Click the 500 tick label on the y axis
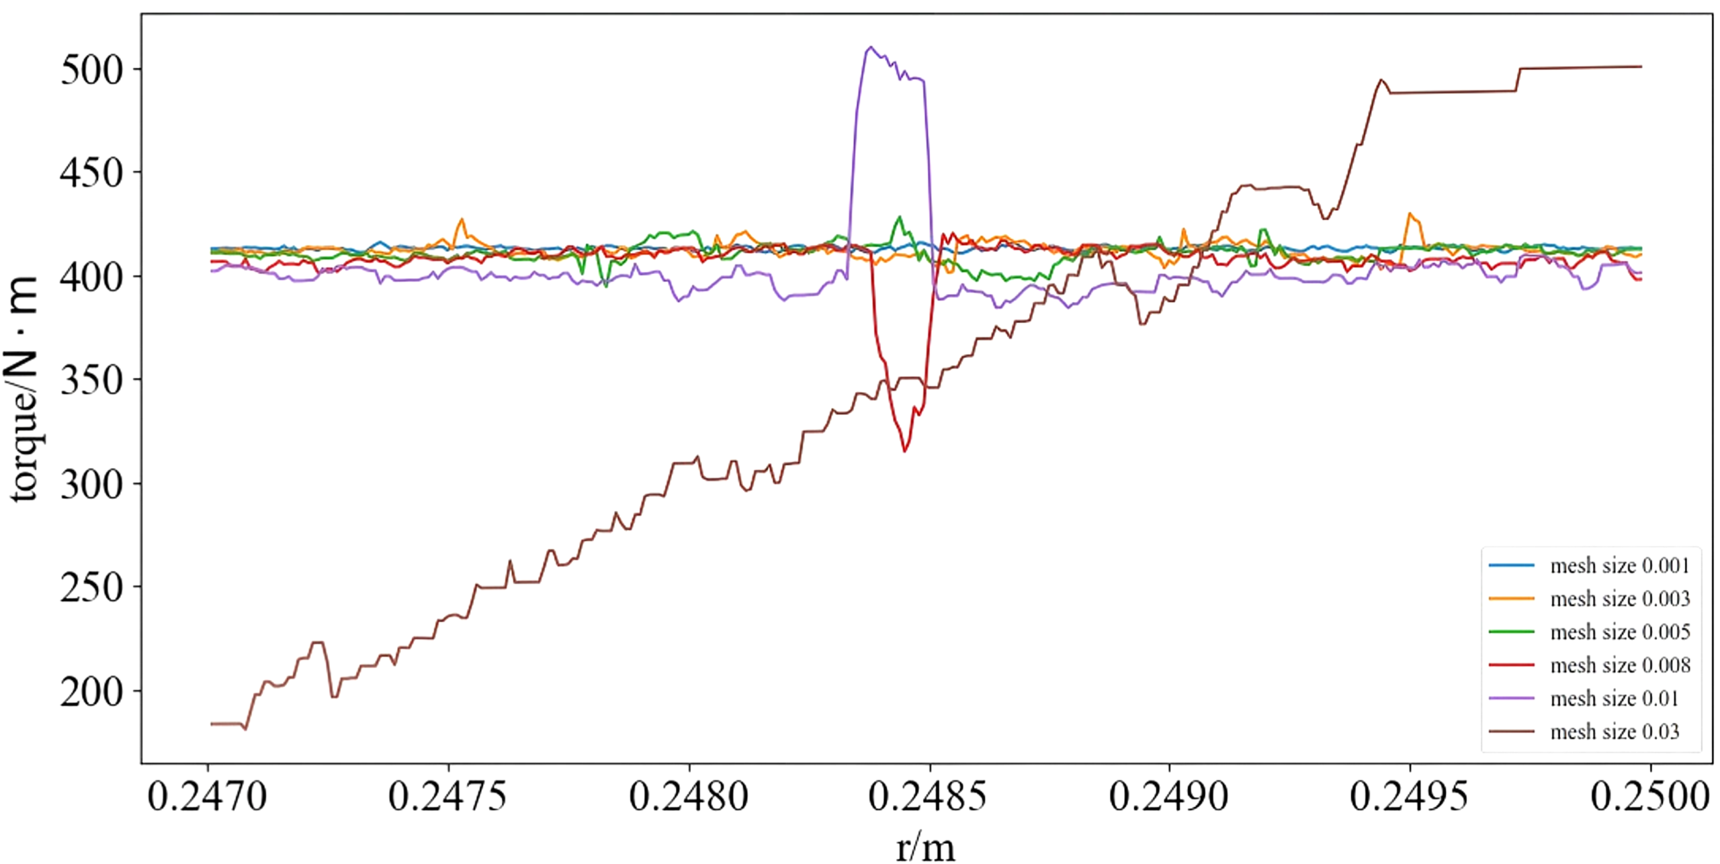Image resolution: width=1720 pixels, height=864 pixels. click(x=92, y=70)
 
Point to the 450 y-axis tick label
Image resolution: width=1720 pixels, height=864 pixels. click(x=92, y=173)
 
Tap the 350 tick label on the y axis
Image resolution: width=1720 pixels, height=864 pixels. click(x=92, y=380)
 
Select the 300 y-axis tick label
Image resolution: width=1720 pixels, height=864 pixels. click(x=92, y=483)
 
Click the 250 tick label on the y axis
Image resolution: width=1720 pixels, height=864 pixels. click(x=92, y=587)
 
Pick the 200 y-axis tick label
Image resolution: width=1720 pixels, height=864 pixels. click(x=92, y=691)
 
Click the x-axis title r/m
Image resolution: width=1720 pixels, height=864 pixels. click(x=925, y=847)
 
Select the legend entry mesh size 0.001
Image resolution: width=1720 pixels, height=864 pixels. click(x=1590, y=565)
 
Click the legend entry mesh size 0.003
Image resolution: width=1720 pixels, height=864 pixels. click(x=1590, y=598)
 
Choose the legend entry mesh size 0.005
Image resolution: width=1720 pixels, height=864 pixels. click(x=1590, y=632)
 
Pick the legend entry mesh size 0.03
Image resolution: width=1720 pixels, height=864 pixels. click(x=1584, y=731)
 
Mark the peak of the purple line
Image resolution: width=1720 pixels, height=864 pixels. click(x=871, y=47)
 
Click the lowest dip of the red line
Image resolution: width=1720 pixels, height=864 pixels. click(x=905, y=451)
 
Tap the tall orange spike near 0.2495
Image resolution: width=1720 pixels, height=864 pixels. click(x=1410, y=214)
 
